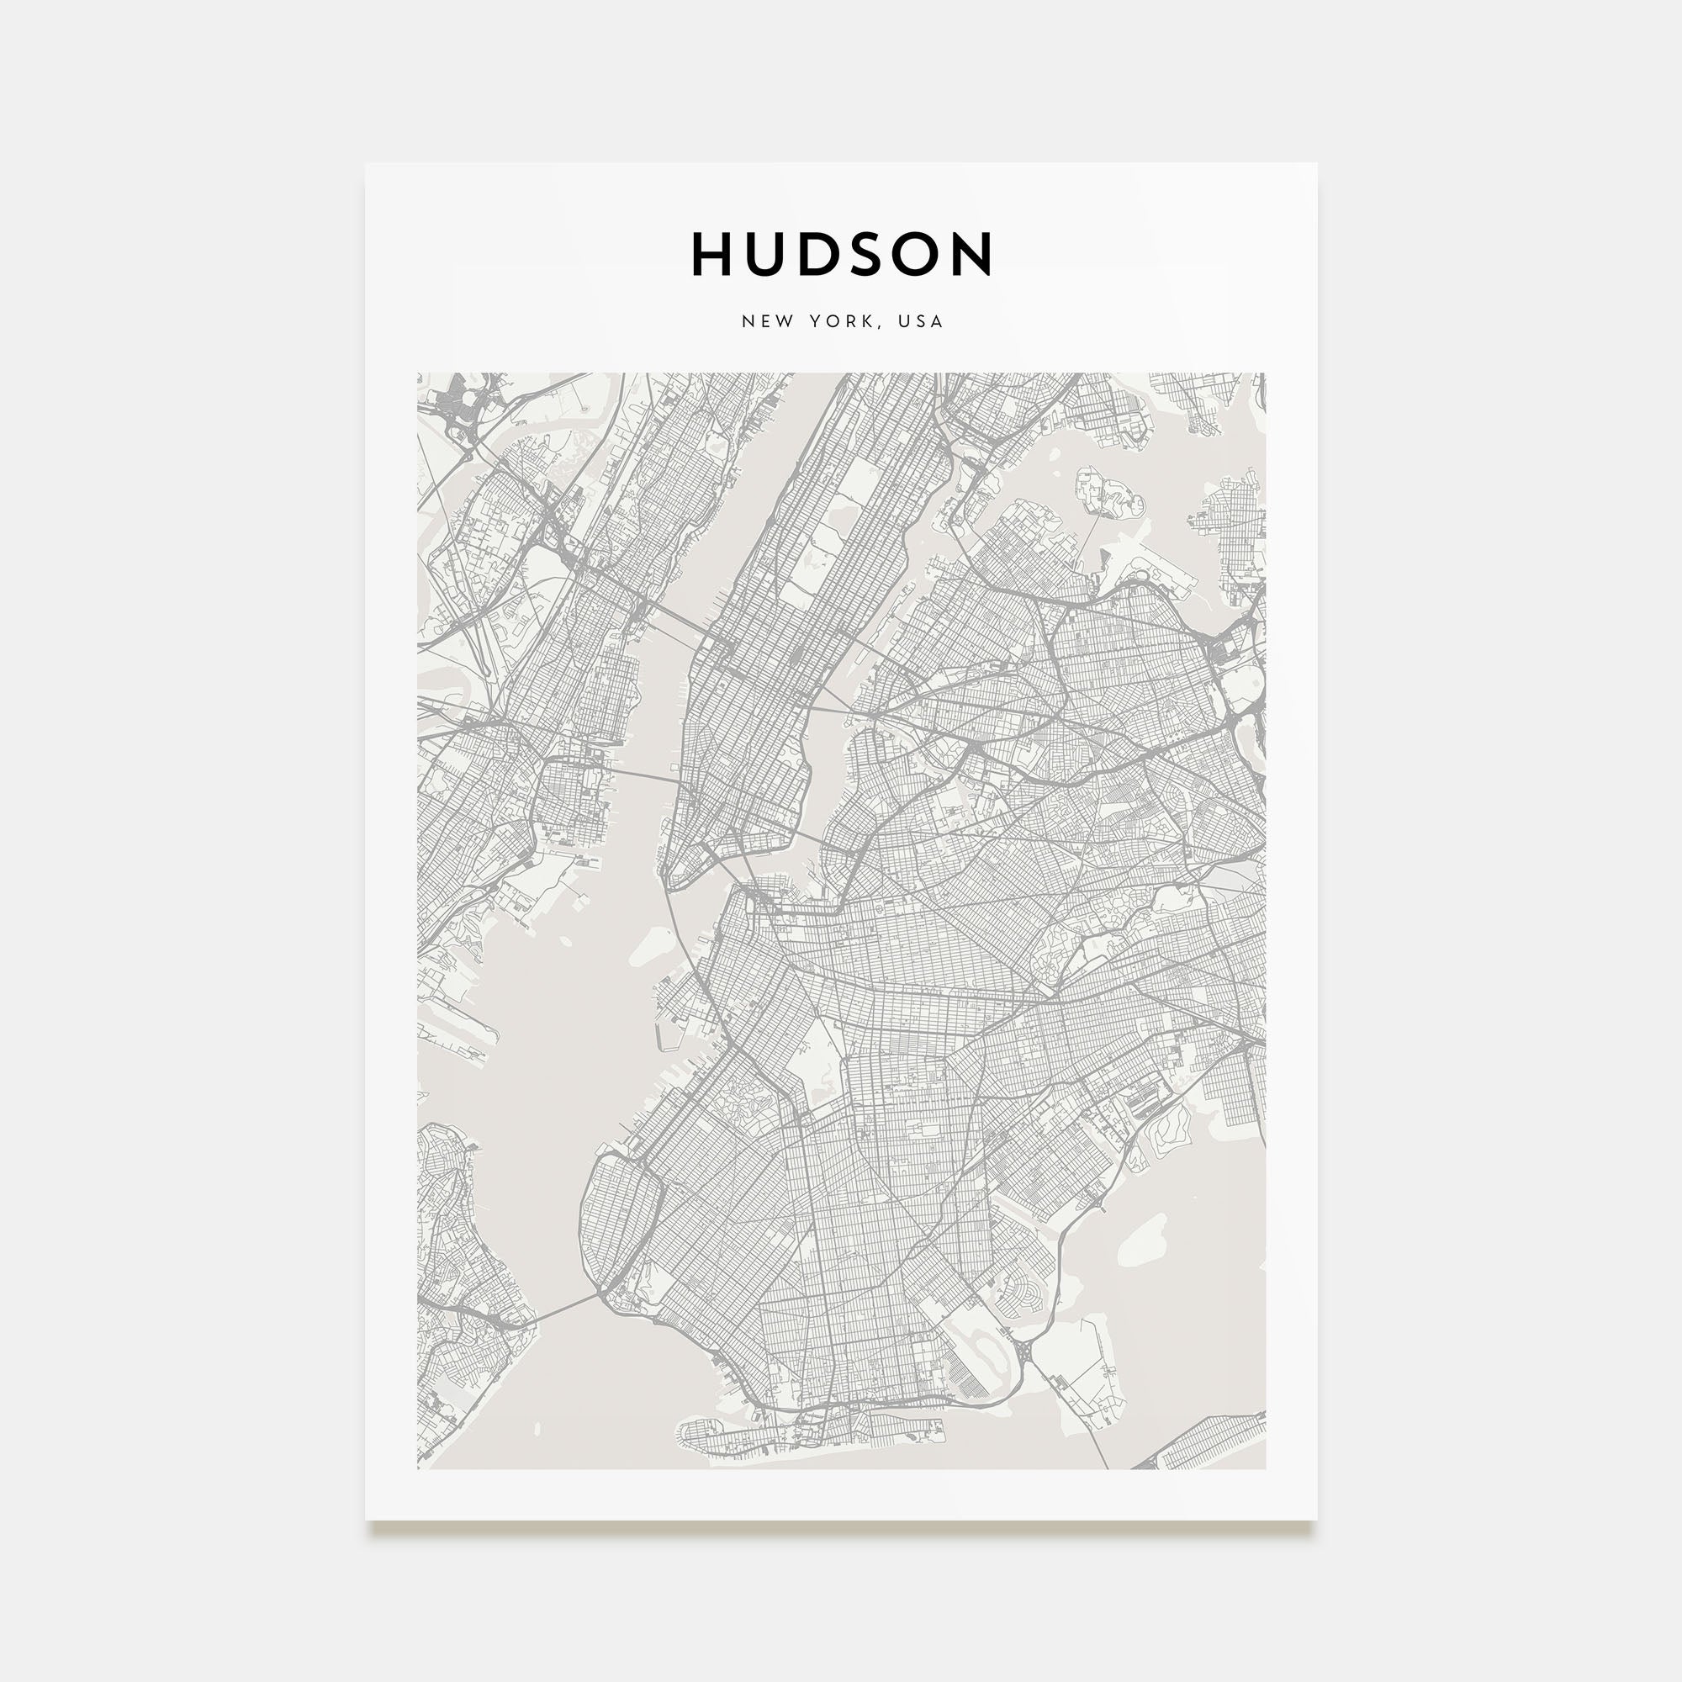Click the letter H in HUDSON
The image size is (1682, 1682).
pyautogui.click(x=711, y=254)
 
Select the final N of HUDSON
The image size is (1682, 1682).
pyautogui.click(x=973, y=254)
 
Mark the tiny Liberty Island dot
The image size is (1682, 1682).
pyautogui.click(x=567, y=941)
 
